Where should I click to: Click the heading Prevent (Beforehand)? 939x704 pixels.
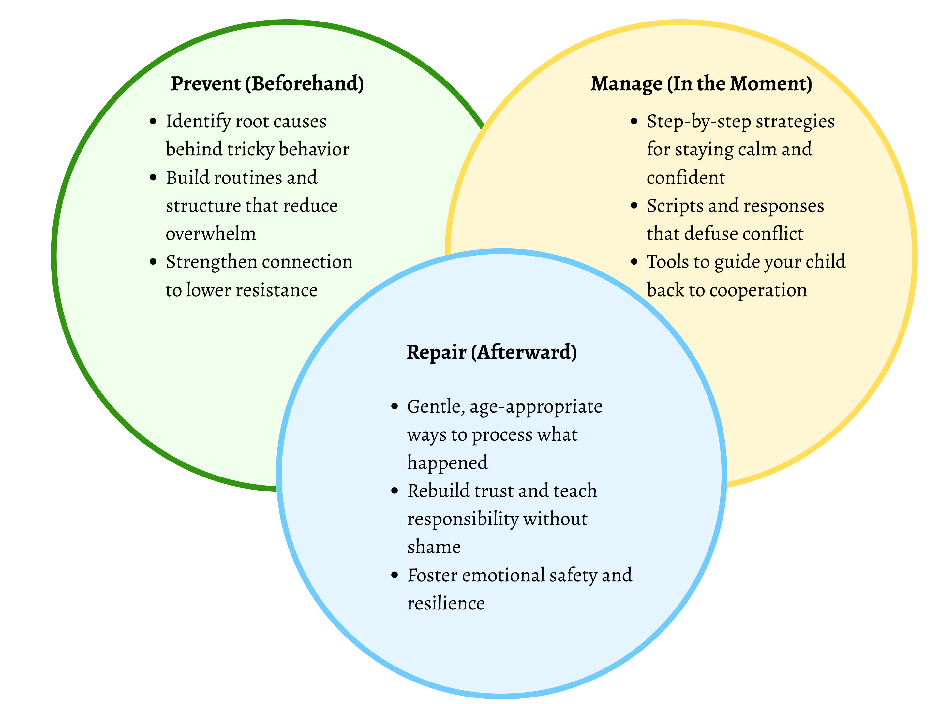(x=267, y=83)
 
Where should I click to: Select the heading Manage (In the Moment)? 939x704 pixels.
(x=701, y=83)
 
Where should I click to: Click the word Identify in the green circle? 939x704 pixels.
(x=198, y=122)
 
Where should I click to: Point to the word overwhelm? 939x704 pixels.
(x=211, y=234)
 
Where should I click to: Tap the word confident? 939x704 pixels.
(x=686, y=178)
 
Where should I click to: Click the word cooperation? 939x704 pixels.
(x=758, y=290)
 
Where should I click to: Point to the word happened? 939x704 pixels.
(x=447, y=463)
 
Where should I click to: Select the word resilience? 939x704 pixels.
(x=446, y=603)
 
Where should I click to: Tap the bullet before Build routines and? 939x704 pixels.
(x=153, y=177)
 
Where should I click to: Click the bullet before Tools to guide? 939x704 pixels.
(x=634, y=261)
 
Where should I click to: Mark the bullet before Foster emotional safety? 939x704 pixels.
(x=395, y=575)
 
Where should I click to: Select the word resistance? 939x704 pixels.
(x=276, y=290)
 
